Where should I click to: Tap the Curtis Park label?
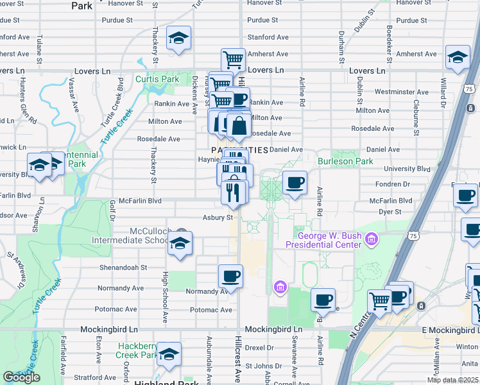[157, 80]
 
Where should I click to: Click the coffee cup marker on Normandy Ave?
[230, 277]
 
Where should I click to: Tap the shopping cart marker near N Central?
[380, 300]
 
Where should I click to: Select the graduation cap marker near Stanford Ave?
[178, 38]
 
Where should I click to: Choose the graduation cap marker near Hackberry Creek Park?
[169, 354]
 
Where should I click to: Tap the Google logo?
[21, 377]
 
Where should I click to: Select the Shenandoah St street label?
[123, 268]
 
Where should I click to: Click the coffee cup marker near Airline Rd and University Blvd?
[295, 184]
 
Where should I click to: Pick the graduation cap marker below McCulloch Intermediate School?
[180, 244]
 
